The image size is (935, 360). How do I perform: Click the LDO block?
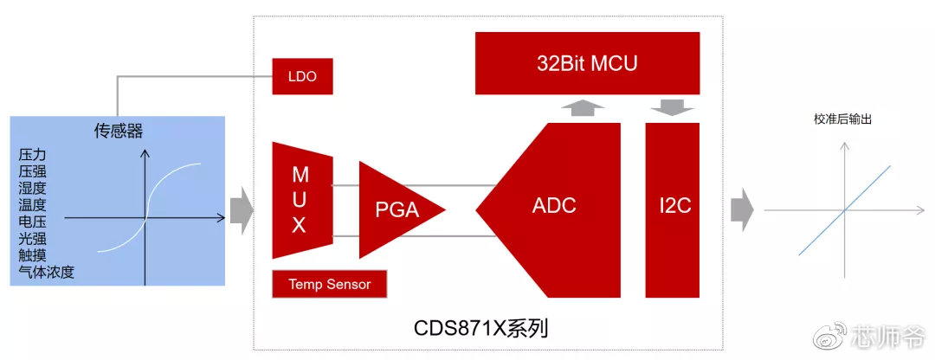(302, 76)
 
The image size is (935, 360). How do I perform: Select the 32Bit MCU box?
(587, 63)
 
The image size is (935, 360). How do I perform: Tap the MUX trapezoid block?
(300, 201)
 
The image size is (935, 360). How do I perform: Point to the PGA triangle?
(394, 209)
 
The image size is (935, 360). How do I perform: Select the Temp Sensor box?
(329, 284)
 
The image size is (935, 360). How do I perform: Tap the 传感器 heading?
(119, 132)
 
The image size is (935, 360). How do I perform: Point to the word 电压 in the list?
(32, 222)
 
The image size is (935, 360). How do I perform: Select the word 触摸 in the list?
(32, 255)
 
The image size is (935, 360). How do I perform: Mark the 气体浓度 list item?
(46, 272)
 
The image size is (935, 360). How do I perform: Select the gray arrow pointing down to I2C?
(672, 107)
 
